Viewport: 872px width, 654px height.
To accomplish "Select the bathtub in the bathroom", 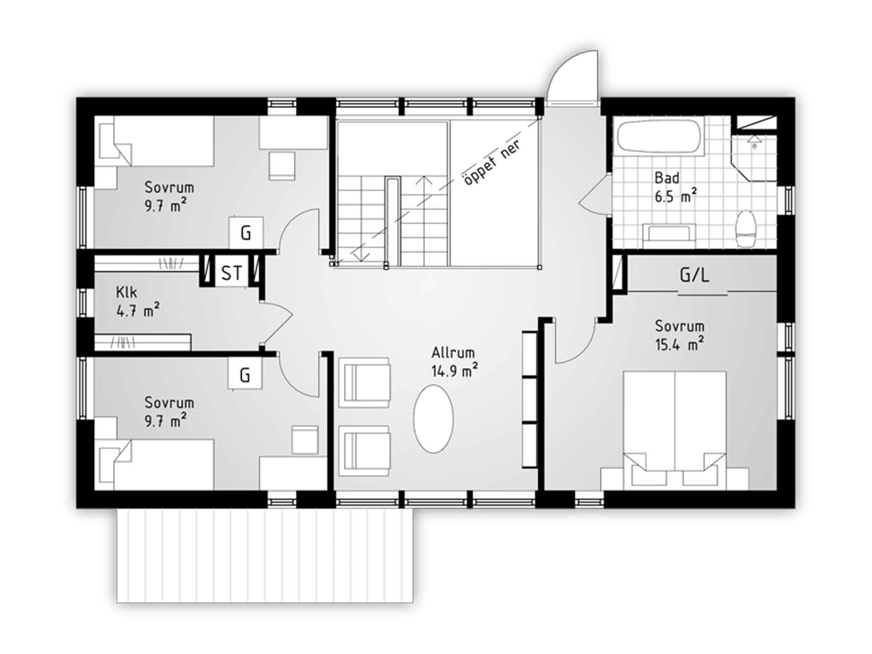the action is coord(658,135).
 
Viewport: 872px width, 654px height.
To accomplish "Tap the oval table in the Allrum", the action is coord(433,418).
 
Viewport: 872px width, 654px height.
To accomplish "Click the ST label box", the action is coord(232,272).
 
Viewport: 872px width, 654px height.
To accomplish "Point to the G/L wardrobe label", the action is coord(694,275).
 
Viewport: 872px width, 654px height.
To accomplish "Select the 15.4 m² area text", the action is coord(679,344).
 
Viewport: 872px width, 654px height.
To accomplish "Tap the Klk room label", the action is coord(127,292).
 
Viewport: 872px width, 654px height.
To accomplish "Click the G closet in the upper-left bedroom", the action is coord(246,233).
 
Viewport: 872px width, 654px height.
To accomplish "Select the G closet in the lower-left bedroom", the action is coord(245,375).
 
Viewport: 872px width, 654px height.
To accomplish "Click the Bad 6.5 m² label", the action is coord(676,187).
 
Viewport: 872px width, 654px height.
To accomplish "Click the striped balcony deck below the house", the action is coord(265,555).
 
